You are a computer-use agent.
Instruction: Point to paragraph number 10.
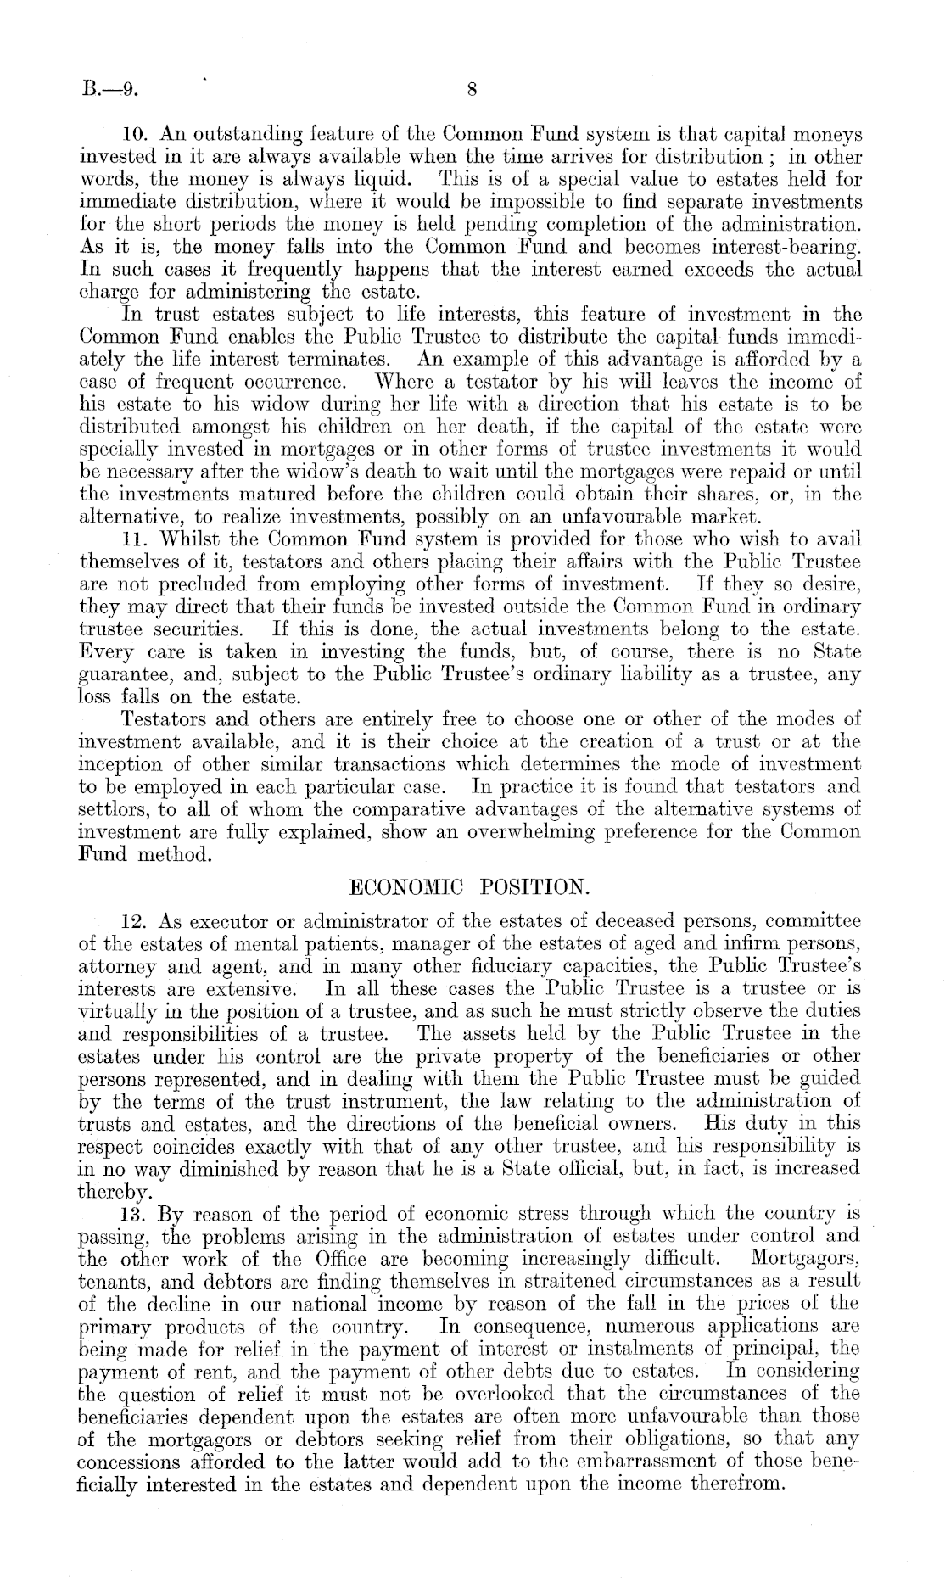(x=136, y=134)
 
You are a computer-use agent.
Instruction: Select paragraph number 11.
(x=136, y=539)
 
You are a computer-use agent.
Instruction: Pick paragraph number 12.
(x=136, y=922)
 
